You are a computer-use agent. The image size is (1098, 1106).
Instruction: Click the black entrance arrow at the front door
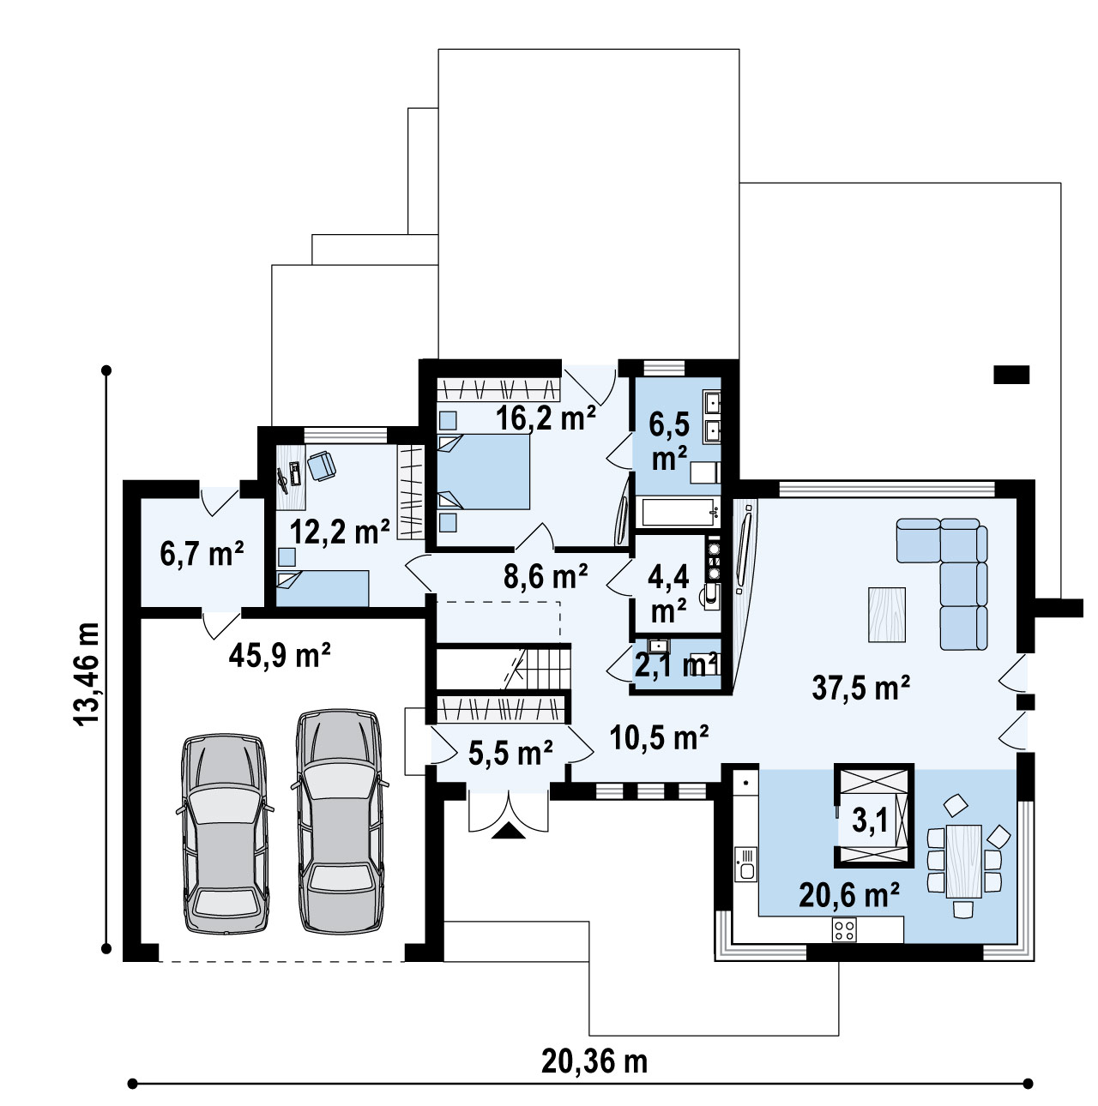click(508, 831)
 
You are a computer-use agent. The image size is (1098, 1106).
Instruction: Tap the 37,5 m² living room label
click(861, 688)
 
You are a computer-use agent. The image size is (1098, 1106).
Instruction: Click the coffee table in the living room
click(887, 614)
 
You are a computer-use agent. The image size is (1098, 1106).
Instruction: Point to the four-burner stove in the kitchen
click(844, 929)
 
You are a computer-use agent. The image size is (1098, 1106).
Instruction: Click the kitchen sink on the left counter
click(746, 865)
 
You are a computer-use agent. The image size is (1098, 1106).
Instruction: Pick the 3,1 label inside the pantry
click(870, 820)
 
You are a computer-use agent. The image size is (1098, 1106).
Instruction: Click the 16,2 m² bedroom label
click(546, 418)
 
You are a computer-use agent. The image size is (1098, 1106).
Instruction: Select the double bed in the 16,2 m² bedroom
click(484, 472)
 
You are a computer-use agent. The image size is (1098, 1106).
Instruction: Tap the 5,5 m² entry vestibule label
click(510, 753)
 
